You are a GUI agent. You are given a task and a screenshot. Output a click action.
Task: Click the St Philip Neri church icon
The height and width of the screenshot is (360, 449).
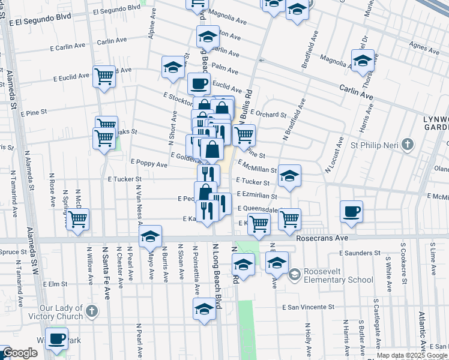click(x=408, y=144)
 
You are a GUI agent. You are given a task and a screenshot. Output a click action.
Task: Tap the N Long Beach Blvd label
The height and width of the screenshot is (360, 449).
click(x=217, y=277)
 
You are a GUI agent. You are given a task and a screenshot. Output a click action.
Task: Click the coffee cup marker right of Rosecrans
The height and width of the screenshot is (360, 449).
click(x=351, y=211)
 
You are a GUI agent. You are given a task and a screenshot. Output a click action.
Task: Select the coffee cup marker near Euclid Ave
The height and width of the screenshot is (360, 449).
click(x=199, y=83)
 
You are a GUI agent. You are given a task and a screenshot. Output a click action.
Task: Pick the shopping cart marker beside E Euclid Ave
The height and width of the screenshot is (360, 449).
click(x=104, y=76)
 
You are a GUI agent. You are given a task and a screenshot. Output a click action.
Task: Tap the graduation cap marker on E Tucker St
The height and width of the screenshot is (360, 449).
click(x=289, y=176)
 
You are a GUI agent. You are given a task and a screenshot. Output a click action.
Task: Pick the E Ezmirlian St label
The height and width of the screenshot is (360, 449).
click(x=257, y=195)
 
